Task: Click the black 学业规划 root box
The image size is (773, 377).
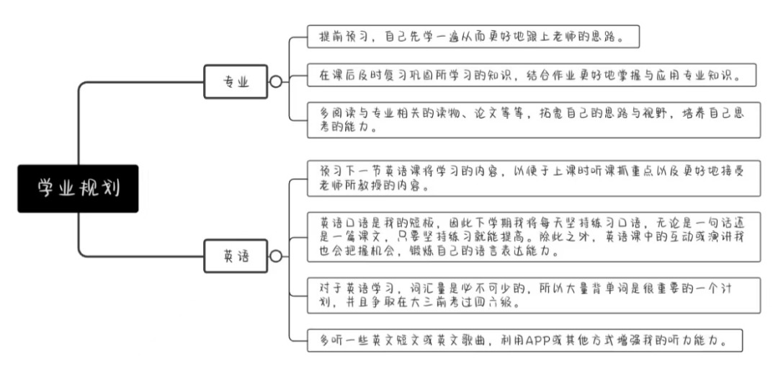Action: pyautogui.click(x=78, y=189)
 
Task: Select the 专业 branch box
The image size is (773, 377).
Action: pyautogui.click(x=236, y=81)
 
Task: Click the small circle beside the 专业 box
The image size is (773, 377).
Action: pyautogui.click(x=276, y=81)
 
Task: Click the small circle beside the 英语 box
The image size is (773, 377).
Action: pyautogui.click(x=276, y=256)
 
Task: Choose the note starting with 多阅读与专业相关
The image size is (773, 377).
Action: pyautogui.click(x=534, y=119)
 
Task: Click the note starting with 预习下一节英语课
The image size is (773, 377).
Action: pyautogui.click(x=534, y=178)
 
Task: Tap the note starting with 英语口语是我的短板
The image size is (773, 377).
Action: pyautogui.click(x=534, y=236)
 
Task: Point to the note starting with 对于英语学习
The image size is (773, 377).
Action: pyautogui.click(x=534, y=295)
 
